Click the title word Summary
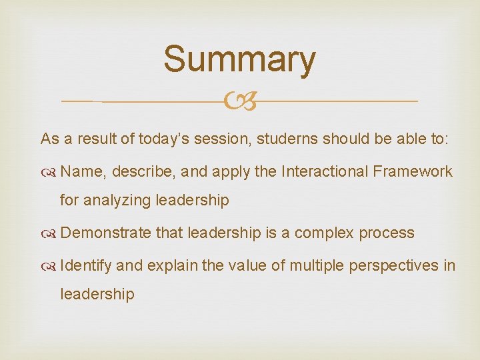tap(239, 59)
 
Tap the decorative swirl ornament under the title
tap(239, 101)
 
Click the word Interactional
tap(325, 171)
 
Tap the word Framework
tap(413, 171)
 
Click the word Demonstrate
tap(105, 233)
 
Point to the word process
tap(387, 233)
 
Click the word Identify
tap(86, 265)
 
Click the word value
tap(247, 265)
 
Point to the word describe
tap(141, 171)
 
